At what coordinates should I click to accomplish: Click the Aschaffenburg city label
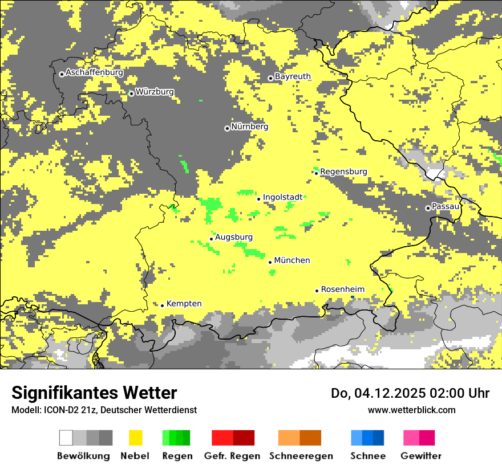tap(94, 73)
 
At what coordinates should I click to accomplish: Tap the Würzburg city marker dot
tap(131, 93)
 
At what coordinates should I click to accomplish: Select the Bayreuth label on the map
tap(293, 76)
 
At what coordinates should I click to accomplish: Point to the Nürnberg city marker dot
tap(227, 128)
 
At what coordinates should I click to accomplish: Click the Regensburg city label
tap(343, 172)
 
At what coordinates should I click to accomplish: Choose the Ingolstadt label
tap(282, 197)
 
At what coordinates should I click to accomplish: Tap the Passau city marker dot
tap(428, 208)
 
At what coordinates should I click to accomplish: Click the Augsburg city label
tap(233, 237)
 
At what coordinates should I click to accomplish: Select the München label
tap(292, 260)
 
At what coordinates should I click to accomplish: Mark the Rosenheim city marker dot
tap(317, 291)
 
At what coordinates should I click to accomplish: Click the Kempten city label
tap(184, 304)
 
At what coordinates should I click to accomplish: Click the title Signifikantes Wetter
tap(94, 393)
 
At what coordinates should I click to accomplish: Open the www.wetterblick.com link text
tap(411, 410)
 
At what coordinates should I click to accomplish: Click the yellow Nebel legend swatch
tap(135, 438)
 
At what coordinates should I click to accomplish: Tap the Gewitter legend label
tap(420, 456)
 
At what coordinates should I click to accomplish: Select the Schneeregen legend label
tap(301, 456)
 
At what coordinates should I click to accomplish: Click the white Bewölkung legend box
tap(66, 438)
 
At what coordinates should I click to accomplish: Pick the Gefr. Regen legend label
tap(233, 456)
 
